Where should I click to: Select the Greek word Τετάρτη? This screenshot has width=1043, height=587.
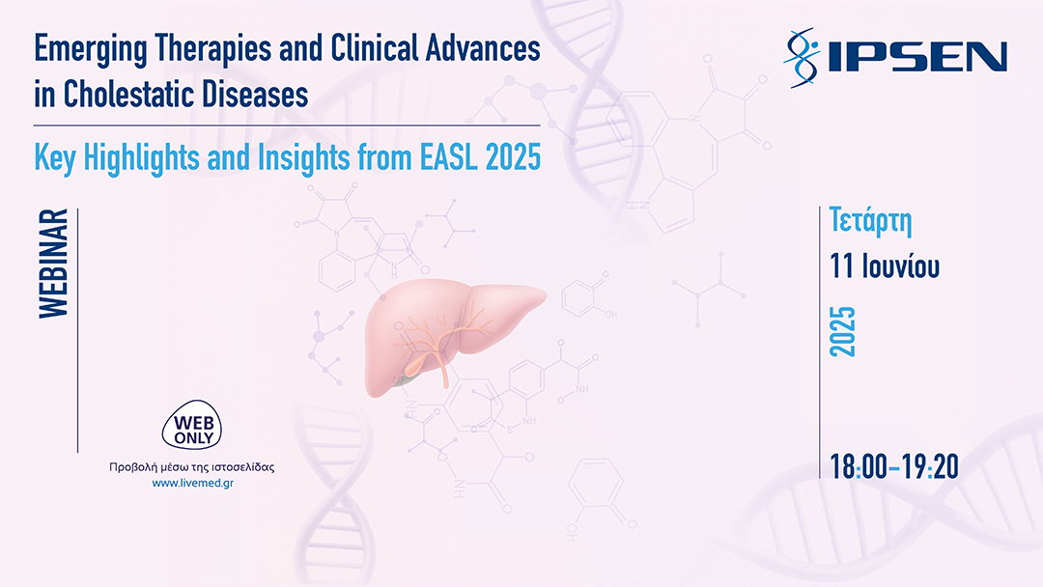click(871, 221)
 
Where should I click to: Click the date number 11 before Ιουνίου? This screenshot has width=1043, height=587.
click(841, 266)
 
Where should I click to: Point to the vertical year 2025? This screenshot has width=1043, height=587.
click(844, 331)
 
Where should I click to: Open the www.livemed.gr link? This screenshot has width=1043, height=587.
click(192, 483)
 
